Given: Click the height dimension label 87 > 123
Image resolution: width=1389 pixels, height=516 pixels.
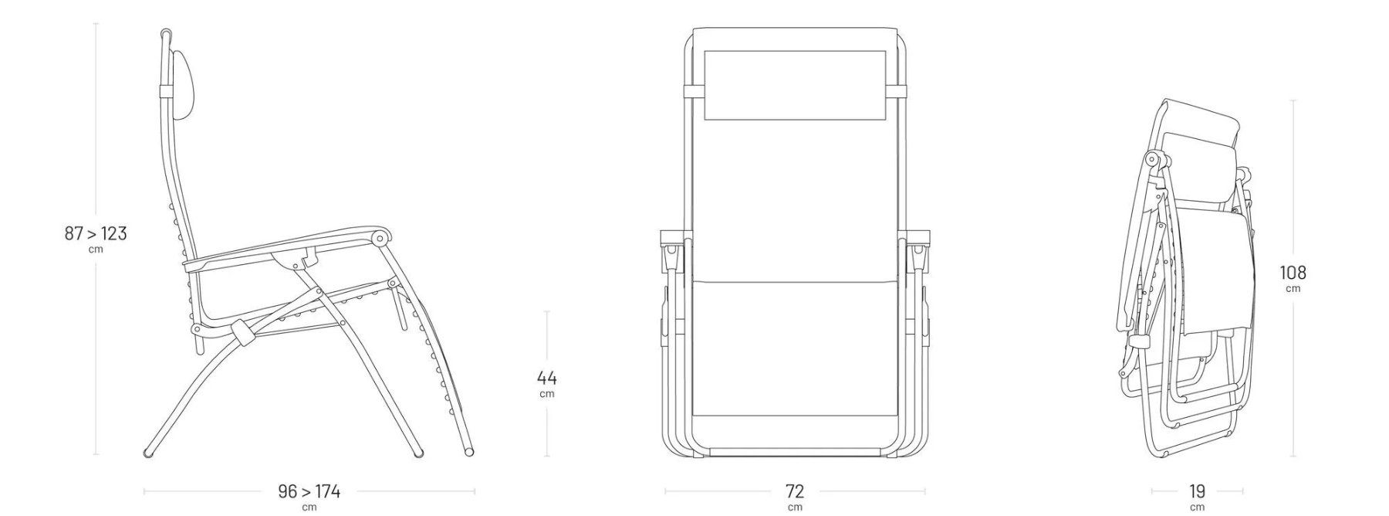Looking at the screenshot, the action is [96, 233].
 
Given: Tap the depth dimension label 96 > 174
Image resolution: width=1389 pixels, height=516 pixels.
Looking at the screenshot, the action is [309, 491].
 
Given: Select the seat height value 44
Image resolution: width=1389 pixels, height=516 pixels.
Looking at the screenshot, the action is [546, 378].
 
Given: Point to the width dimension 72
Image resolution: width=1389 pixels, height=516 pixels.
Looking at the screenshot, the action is [795, 491].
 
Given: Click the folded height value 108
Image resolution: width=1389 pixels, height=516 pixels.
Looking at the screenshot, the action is [1293, 273].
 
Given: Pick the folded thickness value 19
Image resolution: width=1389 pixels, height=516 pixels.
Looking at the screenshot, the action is [1197, 491].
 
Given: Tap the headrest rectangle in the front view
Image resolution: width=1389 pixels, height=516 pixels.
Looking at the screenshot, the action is [795, 85].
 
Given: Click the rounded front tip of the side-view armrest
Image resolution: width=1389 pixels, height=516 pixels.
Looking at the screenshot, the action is [380, 238].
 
